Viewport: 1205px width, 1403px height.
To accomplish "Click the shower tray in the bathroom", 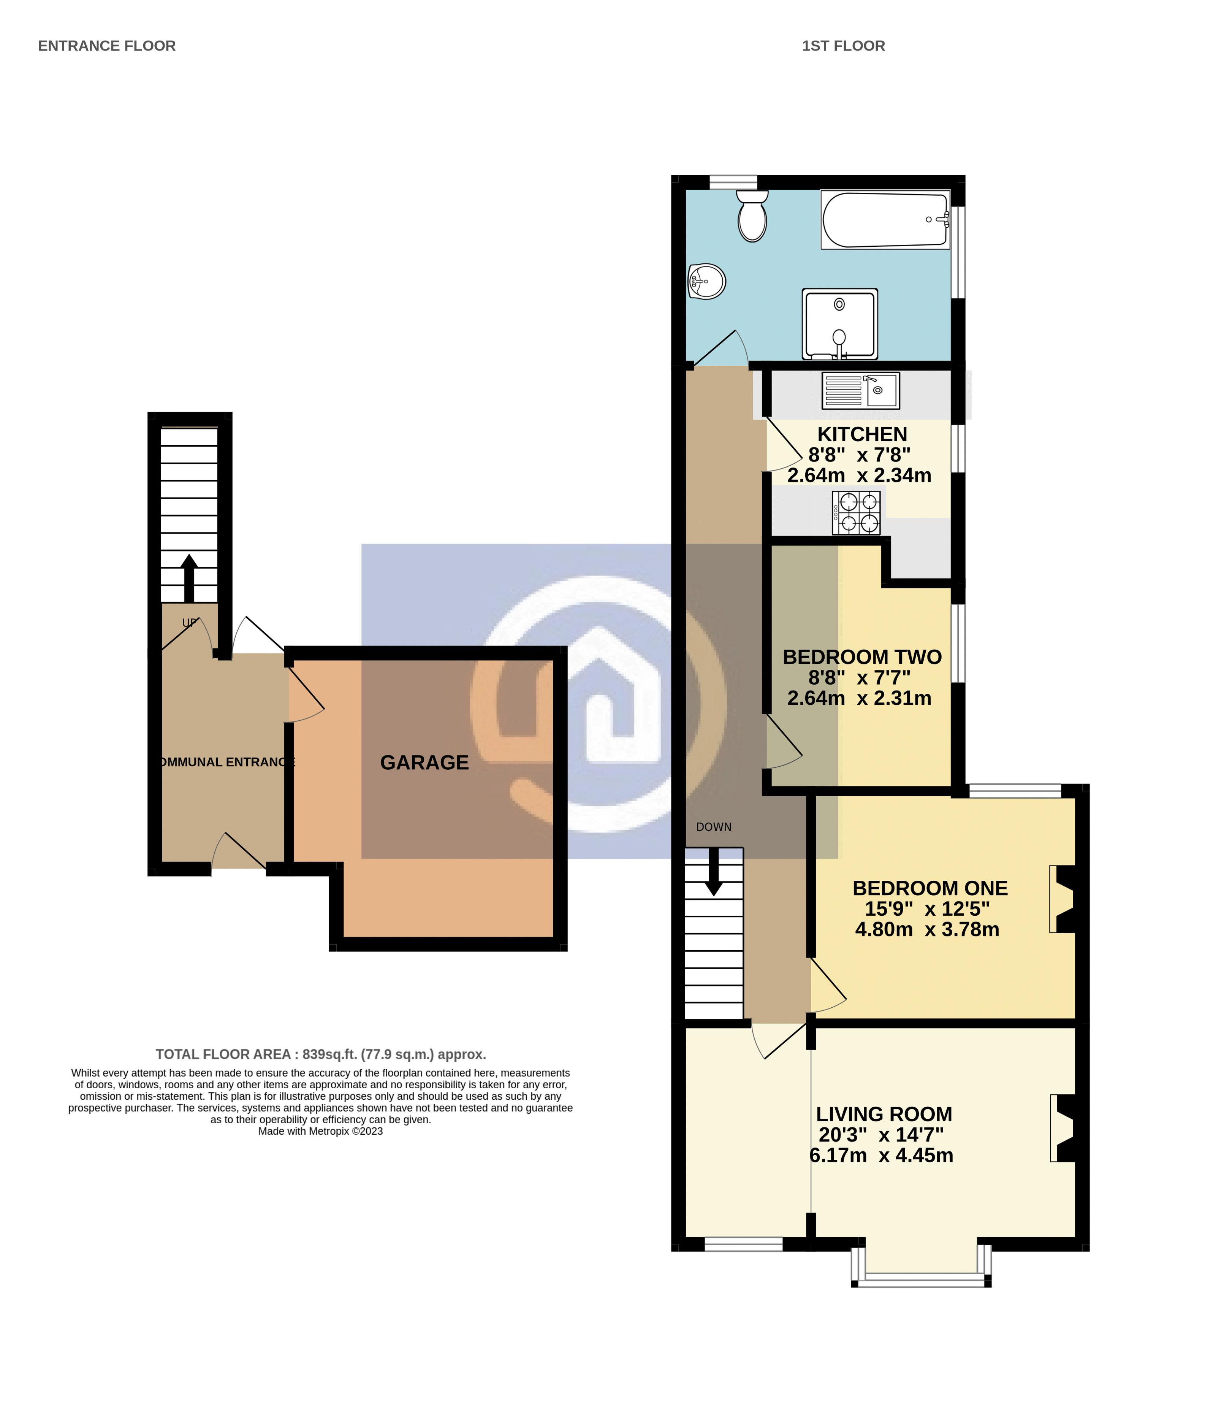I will (839, 323).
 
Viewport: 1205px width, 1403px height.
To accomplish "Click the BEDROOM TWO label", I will (862, 657).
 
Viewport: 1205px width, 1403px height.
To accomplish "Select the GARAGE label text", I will (424, 763).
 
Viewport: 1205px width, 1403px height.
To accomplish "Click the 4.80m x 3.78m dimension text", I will (927, 929).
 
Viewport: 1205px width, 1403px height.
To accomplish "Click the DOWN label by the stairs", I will (714, 827).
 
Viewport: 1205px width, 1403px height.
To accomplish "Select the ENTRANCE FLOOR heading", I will (107, 46).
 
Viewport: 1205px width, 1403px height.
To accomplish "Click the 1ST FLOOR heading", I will (843, 46).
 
